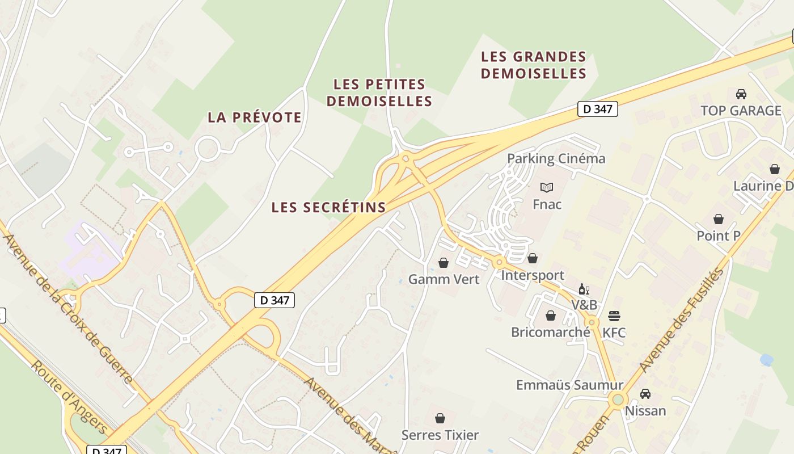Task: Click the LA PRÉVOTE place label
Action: (255, 117)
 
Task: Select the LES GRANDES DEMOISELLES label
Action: (534, 65)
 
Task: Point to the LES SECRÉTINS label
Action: (328, 207)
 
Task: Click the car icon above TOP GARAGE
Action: (741, 94)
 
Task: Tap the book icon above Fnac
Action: (547, 187)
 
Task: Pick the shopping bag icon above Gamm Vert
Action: (444, 263)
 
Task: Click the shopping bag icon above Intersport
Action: (533, 259)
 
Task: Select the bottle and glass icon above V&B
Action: (584, 289)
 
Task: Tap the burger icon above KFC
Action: (614, 316)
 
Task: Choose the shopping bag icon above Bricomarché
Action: (550, 316)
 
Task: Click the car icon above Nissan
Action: (645, 393)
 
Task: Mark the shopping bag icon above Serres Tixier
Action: (440, 418)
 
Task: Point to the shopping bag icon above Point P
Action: (719, 219)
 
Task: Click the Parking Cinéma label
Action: (556, 158)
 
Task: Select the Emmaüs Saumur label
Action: (569, 385)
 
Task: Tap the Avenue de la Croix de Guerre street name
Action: (68, 307)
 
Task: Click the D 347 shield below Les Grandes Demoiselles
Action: (597, 109)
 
